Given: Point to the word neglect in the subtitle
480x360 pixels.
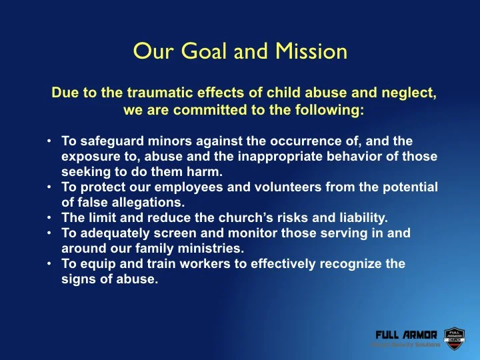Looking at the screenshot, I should [x=412, y=94].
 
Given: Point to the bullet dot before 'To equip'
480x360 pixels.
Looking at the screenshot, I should [x=51, y=263].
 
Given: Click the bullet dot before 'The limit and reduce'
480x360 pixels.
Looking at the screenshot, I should [x=51, y=217].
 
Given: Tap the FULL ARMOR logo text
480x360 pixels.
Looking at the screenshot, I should [x=406, y=334].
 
